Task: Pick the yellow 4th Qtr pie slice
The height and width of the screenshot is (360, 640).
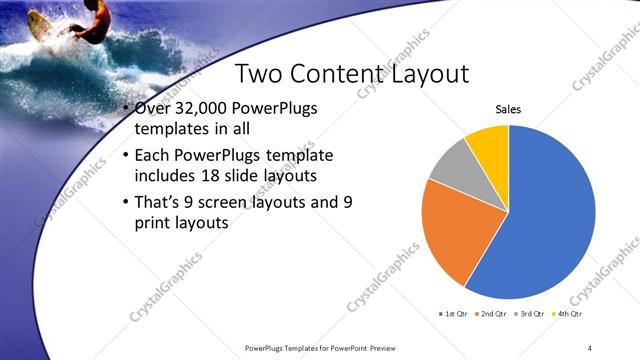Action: [x=490, y=142]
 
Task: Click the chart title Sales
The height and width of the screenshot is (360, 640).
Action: [x=508, y=110]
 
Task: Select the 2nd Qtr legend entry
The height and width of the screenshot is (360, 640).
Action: [x=490, y=314]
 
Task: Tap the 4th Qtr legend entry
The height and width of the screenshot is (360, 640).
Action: [x=567, y=314]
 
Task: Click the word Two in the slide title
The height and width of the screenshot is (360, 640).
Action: [x=257, y=74]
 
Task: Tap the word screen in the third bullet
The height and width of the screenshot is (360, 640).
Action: [x=227, y=202]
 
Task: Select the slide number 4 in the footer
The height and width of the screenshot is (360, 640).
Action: [x=590, y=347]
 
